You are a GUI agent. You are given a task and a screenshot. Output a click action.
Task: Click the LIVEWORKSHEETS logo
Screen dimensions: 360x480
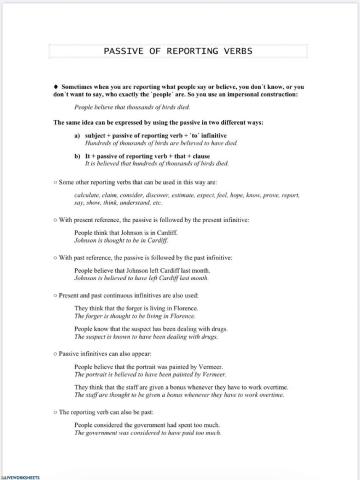click(x=19, y=474)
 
